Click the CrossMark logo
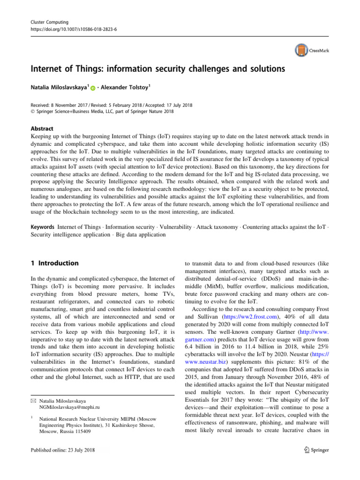point(311,50)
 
